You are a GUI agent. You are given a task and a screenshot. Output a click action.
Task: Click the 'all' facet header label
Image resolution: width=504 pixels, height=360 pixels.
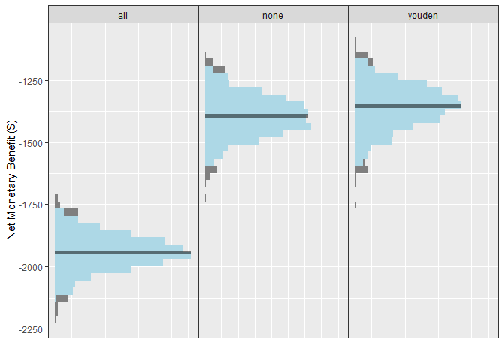(123, 14)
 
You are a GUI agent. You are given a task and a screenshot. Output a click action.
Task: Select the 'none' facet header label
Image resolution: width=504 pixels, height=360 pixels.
(273, 14)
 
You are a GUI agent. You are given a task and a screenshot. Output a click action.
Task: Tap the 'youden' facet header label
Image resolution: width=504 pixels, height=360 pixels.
(423, 14)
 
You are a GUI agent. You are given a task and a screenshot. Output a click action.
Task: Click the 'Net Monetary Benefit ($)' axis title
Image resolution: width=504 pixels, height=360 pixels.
(11, 180)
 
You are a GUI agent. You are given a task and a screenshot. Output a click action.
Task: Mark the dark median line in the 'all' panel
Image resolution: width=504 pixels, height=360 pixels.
(123, 252)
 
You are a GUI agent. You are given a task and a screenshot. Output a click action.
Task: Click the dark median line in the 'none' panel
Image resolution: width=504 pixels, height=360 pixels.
(256, 115)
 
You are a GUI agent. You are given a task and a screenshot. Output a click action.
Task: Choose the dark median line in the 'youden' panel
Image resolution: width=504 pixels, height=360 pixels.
(408, 106)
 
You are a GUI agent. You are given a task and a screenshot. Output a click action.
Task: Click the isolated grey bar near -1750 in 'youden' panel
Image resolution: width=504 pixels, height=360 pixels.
(355, 205)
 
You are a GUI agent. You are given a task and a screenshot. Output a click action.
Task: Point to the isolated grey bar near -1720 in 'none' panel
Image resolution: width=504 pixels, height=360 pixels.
(205, 198)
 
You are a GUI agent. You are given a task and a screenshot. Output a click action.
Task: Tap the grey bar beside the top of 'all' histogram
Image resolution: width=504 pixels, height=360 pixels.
(71, 212)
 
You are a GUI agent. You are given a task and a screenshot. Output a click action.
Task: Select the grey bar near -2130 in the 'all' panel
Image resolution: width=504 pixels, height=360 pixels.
(62, 298)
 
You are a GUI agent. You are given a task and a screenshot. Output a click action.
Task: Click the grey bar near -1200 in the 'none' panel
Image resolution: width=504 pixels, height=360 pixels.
(219, 70)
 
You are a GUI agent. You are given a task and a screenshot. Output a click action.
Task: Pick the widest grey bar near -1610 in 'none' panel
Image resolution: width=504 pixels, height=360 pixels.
(211, 169)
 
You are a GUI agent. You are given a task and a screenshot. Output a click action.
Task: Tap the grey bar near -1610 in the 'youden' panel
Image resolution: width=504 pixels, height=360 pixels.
(361, 169)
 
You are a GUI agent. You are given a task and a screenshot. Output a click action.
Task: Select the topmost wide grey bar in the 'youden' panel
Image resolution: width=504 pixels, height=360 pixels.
(361, 55)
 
